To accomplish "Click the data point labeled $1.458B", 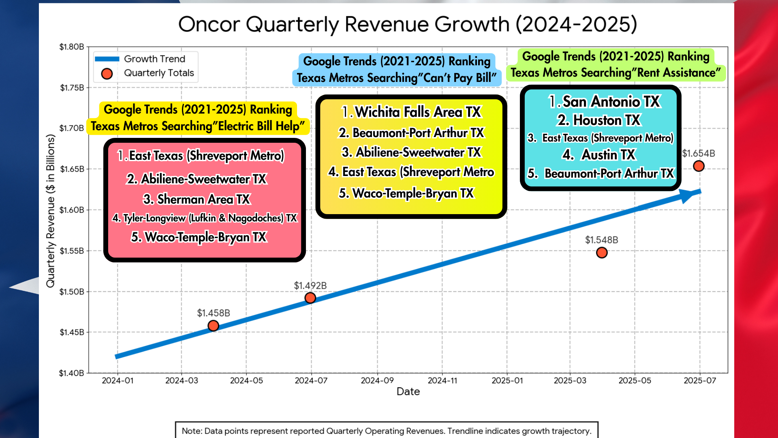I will tap(213, 326).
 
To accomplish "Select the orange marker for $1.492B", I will tap(310, 298).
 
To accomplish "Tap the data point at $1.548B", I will tap(602, 253).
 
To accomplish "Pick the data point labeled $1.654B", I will tap(699, 166).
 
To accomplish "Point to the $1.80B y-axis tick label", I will tap(72, 47).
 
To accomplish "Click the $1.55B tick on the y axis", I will tap(72, 251).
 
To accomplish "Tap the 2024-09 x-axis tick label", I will tap(377, 381).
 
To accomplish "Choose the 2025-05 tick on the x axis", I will tap(635, 381).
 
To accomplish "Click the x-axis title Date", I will tap(408, 392).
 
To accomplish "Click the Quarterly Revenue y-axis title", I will tap(50, 211).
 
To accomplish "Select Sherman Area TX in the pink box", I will tap(197, 200).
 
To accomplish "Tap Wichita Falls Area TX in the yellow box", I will tap(412, 112).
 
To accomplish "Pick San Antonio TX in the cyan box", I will tap(604, 101).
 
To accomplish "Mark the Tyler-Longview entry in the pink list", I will tap(205, 218).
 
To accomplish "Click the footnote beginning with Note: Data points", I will tap(386, 431).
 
